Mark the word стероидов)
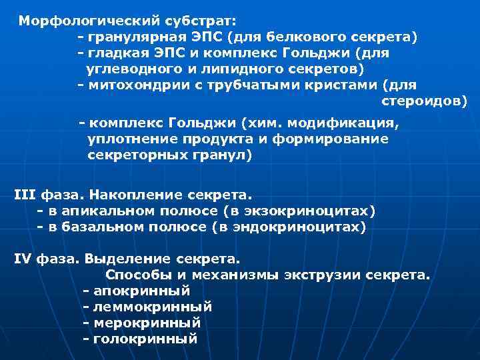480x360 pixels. tap(424, 101)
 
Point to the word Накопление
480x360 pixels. tap(133, 195)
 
